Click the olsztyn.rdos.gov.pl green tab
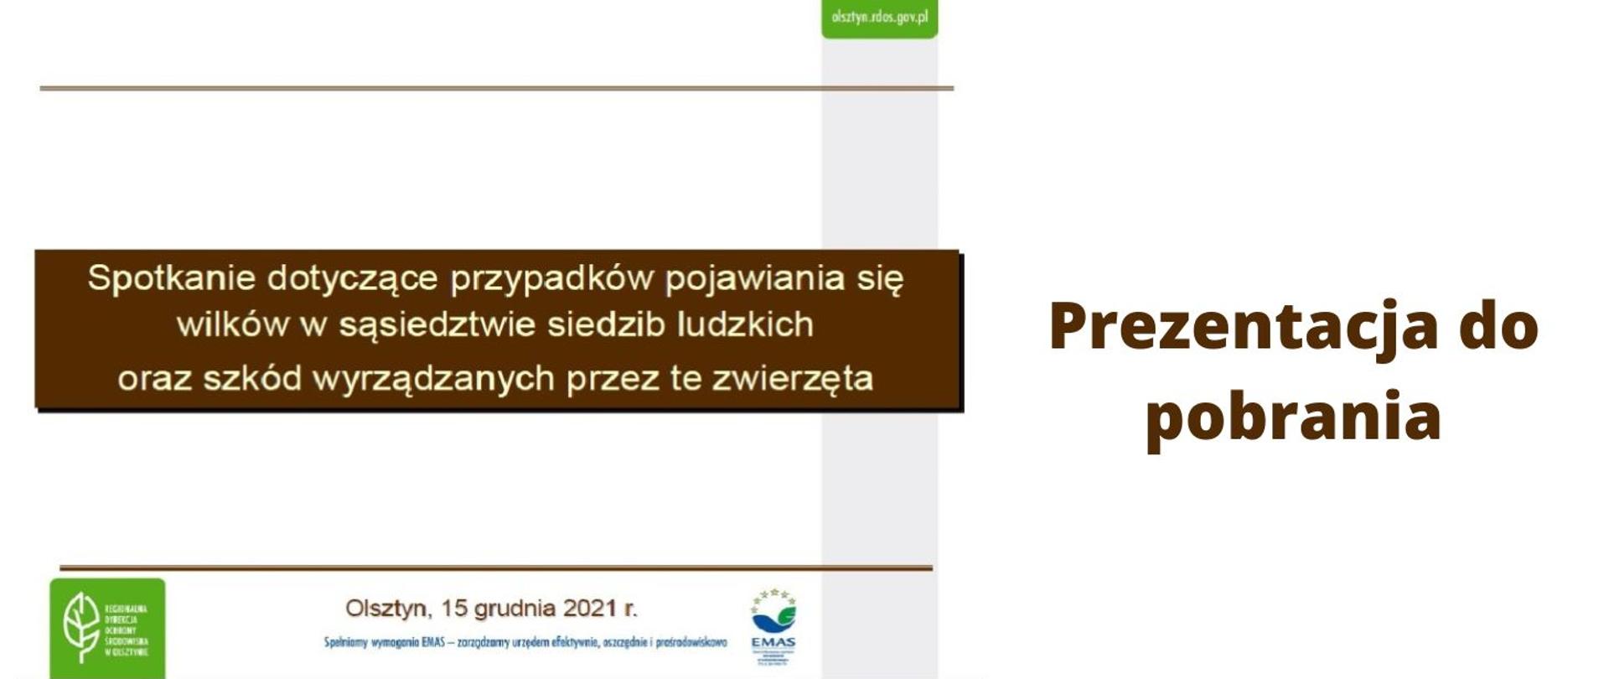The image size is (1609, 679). click(x=879, y=18)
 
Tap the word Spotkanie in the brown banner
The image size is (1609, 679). click(x=171, y=278)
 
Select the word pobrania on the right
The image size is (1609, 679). click(x=1293, y=415)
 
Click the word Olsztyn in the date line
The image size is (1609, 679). click(x=385, y=609)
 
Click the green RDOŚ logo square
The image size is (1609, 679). click(x=107, y=627)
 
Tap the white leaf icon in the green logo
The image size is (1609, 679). click(x=82, y=627)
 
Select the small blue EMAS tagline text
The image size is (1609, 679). click(x=525, y=643)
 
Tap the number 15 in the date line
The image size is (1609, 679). click(x=457, y=608)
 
